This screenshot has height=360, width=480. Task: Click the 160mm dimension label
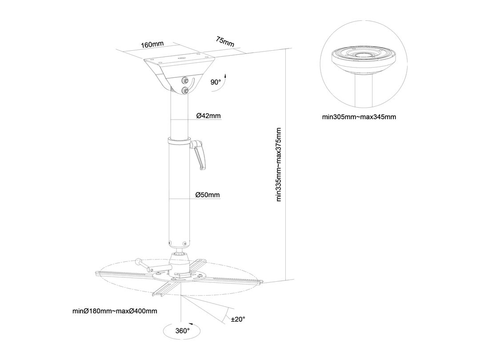pyautogui.click(x=152, y=44)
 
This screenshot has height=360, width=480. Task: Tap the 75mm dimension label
pyautogui.click(x=225, y=42)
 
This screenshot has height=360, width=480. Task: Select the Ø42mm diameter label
pyautogui.click(x=208, y=116)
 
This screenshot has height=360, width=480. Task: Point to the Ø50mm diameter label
pyautogui.click(x=208, y=195)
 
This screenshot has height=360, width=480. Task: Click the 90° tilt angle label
pyautogui.click(x=216, y=82)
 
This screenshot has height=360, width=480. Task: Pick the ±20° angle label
pyautogui.click(x=238, y=319)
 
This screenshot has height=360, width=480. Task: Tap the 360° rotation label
pyautogui.click(x=183, y=331)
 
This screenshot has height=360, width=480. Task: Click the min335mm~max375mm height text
pyautogui.click(x=279, y=164)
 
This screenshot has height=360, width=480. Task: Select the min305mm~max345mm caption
pyautogui.click(x=359, y=116)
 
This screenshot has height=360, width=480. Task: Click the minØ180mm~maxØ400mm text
pyautogui.click(x=115, y=311)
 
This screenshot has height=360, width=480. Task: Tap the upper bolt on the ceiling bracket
pyautogui.click(x=184, y=80)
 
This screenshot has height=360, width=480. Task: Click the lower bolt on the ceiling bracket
pyautogui.click(x=184, y=91)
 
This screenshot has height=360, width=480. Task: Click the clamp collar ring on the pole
pyautogui.click(x=179, y=142)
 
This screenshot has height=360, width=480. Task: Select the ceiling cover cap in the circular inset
pyautogui.click(x=364, y=60)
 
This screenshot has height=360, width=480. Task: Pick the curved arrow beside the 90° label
pyautogui.click(x=222, y=82)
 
